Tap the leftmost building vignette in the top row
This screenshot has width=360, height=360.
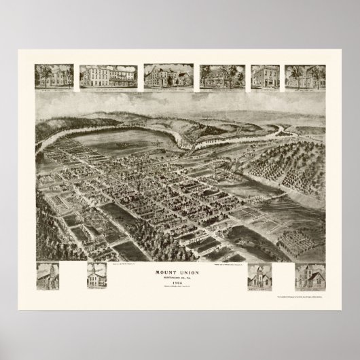coord(54,77)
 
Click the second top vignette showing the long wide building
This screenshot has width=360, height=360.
coord(109,77)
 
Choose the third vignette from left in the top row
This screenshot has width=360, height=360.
coord(168,77)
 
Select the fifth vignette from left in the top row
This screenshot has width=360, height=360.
coord(266,77)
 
